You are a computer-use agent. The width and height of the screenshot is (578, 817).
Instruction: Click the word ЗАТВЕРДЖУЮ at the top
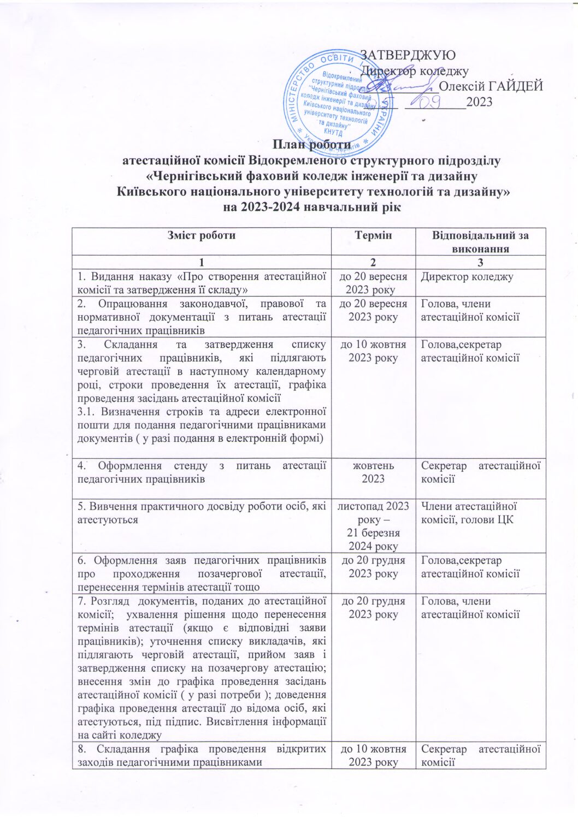pyautogui.click(x=407, y=55)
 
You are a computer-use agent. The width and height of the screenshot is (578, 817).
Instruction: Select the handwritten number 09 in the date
pyautogui.click(x=431, y=100)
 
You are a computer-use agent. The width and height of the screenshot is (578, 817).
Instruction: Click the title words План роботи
pyautogui.click(x=311, y=145)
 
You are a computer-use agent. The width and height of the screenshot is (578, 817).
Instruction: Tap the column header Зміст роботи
pyautogui.click(x=202, y=235)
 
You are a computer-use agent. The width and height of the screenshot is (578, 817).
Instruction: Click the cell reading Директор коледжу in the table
pyautogui.click(x=467, y=276)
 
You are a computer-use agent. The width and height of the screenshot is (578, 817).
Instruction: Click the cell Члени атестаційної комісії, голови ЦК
pyautogui.click(x=469, y=513)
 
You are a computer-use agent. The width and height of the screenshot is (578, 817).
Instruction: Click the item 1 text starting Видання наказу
pyautogui.click(x=202, y=283)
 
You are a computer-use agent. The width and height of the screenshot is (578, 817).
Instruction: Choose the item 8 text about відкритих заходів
pyautogui.click(x=202, y=755)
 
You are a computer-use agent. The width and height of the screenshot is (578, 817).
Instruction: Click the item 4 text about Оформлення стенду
pyautogui.click(x=202, y=472)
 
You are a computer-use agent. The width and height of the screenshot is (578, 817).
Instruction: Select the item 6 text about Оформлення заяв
pyautogui.click(x=202, y=573)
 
